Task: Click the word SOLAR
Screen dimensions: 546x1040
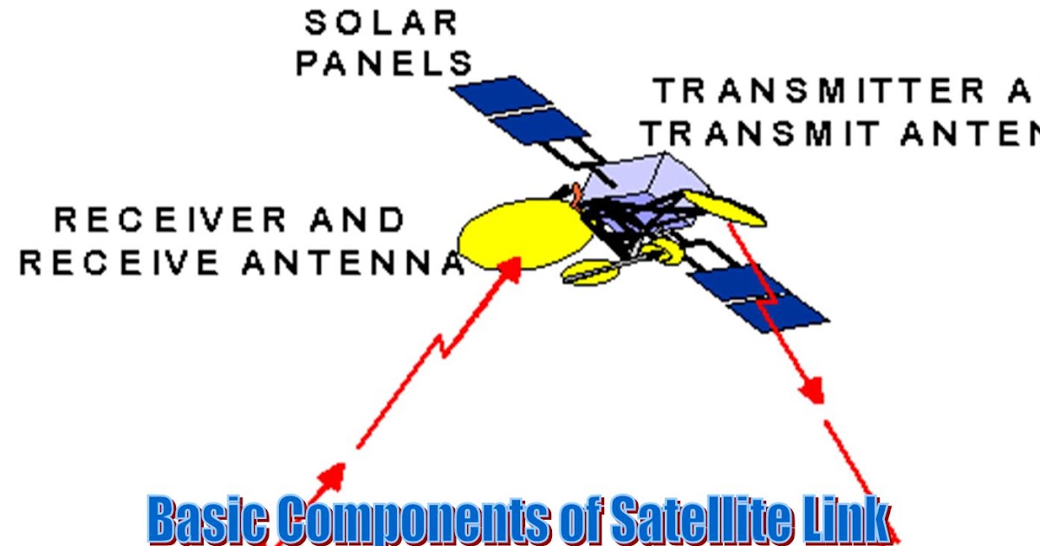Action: [380, 23]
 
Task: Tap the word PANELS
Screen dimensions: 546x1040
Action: [385, 62]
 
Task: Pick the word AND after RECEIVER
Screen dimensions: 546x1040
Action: [354, 220]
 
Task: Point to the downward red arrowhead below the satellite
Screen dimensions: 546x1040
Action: [812, 391]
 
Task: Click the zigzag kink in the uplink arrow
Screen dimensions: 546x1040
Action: [445, 348]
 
